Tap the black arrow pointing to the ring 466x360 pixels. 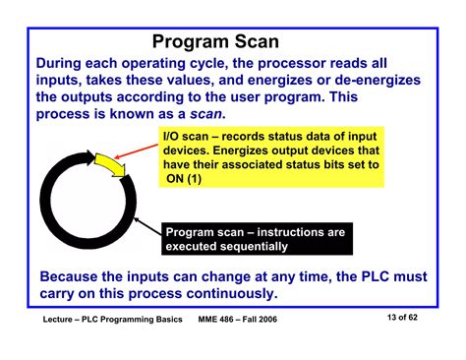pyautogui.click(x=148, y=228)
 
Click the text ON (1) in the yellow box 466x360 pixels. pyautogui.click(x=185, y=180)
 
